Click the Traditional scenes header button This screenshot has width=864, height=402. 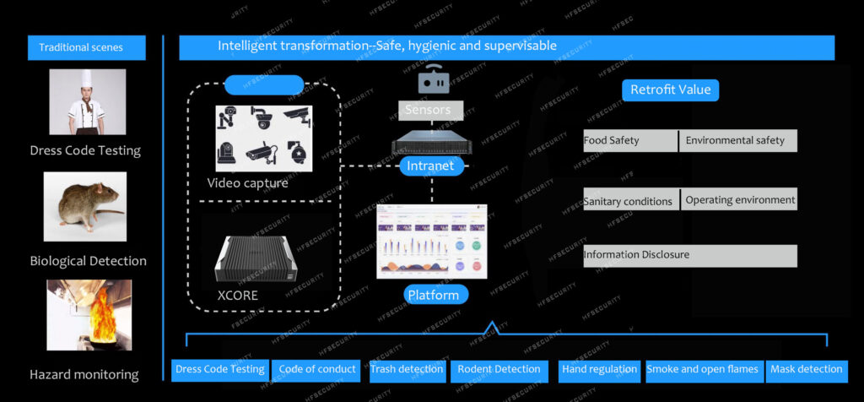coord(86,47)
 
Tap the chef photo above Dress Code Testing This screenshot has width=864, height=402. coord(88,102)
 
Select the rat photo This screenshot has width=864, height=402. coord(88,208)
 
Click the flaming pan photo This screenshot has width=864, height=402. coord(89,315)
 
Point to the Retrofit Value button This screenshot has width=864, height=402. coord(671,90)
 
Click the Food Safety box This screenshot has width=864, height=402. coord(630,141)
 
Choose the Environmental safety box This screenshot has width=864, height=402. coord(737,141)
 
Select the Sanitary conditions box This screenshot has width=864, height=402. coord(630,200)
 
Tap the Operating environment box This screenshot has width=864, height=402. coord(738,199)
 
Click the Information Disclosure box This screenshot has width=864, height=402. coord(689,255)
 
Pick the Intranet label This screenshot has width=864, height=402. coord(430,166)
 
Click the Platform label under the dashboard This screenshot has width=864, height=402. coord(433,295)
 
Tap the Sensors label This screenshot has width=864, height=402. coord(428,110)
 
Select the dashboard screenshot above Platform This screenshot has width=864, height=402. coord(432,242)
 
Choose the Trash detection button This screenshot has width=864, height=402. coord(408,370)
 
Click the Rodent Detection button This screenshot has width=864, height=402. coord(499,370)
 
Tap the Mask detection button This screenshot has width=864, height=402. coord(807,370)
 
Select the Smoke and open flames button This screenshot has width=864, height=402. coord(704,370)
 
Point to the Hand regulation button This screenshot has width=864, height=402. coord(599,370)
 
